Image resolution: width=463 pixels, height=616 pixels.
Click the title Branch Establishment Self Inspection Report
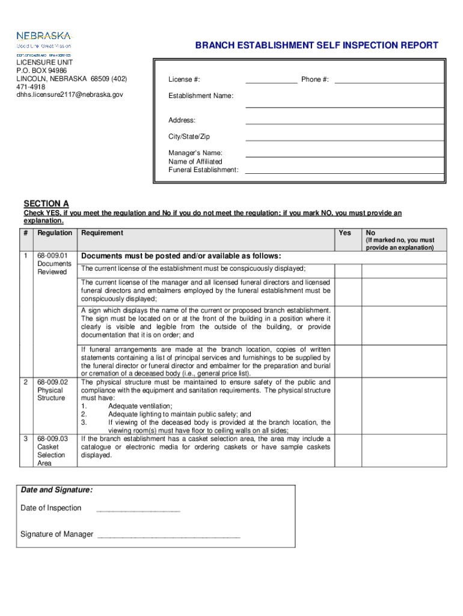(x=316, y=46)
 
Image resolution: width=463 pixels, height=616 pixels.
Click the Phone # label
(x=314, y=80)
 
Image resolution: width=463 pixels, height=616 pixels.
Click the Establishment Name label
(x=201, y=96)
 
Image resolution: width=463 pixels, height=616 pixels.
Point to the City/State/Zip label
(x=189, y=137)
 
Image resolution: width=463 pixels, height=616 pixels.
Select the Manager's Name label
(x=195, y=153)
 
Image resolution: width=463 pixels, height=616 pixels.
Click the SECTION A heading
(x=46, y=203)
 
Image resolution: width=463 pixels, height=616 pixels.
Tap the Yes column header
(x=345, y=233)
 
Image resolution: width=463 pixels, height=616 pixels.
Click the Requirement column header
(x=102, y=233)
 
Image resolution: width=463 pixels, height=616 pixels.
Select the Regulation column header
(x=55, y=233)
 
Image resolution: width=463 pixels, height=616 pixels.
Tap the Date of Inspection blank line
(x=138, y=510)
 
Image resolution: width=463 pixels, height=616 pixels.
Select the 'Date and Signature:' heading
(x=57, y=490)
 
